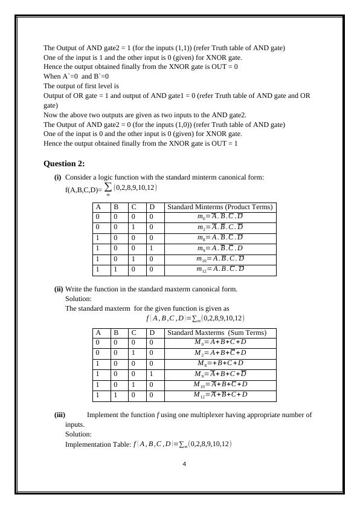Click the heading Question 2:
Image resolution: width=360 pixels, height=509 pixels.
pyautogui.click(x=64, y=164)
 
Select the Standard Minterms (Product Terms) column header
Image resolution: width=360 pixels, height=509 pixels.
pyautogui.click(x=220, y=207)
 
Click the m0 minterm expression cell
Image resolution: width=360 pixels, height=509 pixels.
pyautogui.click(x=220, y=216)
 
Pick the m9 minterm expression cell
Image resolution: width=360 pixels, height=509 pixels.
pyautogui.click(x=220, y=248)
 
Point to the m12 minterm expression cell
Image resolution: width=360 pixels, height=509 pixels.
pyautogui.click(x=220, y=269)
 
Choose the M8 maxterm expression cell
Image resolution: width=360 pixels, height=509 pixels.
pyautogui.click(x=220, y=363)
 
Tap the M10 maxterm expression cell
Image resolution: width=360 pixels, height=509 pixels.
pyautogui.click(x=220, y=384)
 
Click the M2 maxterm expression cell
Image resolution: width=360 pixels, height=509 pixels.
pyautogui.click(x=220, y=353)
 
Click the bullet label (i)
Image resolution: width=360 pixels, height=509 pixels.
pyautogui.click(x=58, y=177)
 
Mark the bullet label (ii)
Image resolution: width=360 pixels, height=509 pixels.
pyautogui.click(x=59, y=289)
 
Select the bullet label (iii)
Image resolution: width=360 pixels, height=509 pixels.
pyautogui.click(x=60, y=415)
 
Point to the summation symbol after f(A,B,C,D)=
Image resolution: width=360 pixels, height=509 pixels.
pyautogui.click(x=108, y=187)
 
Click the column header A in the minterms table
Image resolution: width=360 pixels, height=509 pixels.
pyautogui.click(x=97, y=207)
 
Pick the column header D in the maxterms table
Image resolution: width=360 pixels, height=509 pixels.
pyautogui.click(x=152, y=332)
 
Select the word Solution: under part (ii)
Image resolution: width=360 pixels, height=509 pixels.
pyautogui.click(x=79, y=299)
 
